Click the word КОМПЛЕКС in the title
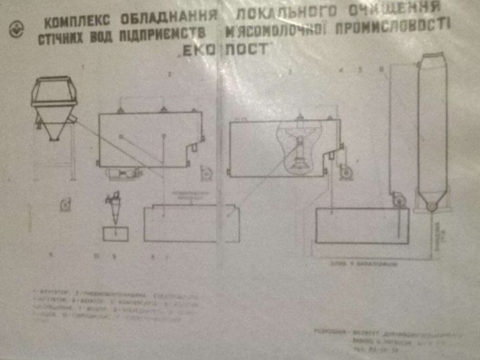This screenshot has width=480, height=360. [77, 22]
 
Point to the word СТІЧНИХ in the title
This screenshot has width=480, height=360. [60, 40]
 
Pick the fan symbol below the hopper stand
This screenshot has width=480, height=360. [65, 204]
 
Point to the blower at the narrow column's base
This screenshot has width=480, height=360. [398, 200]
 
